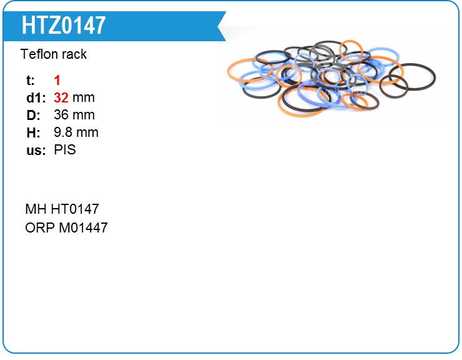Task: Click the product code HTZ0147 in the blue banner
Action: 63,26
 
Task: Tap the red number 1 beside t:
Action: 57,80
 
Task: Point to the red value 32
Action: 61,97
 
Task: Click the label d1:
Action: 36,98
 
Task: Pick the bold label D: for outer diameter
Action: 33,116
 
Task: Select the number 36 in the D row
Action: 61,115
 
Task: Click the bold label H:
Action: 33,132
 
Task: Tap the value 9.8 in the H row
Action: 63,132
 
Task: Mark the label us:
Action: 36,151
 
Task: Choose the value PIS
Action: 65,149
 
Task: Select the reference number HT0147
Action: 75,209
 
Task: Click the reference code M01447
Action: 84,227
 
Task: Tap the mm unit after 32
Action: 84,98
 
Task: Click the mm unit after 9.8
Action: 87,133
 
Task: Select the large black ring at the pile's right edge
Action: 435,76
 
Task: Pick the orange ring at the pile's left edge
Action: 228,71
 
